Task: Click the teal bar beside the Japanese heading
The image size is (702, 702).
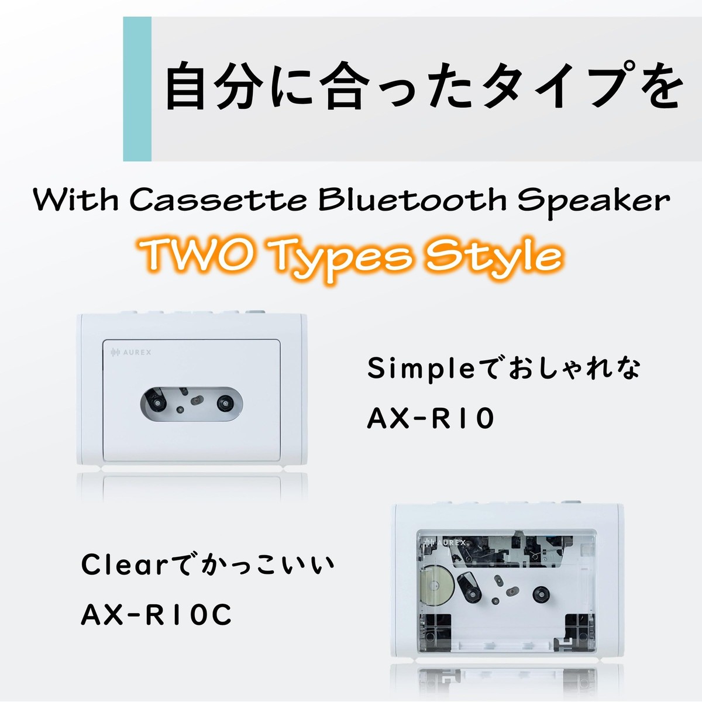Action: pos(137,88)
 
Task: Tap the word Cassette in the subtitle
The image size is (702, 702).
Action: pos(218,200)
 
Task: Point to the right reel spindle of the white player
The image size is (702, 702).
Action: pos(225,403)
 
